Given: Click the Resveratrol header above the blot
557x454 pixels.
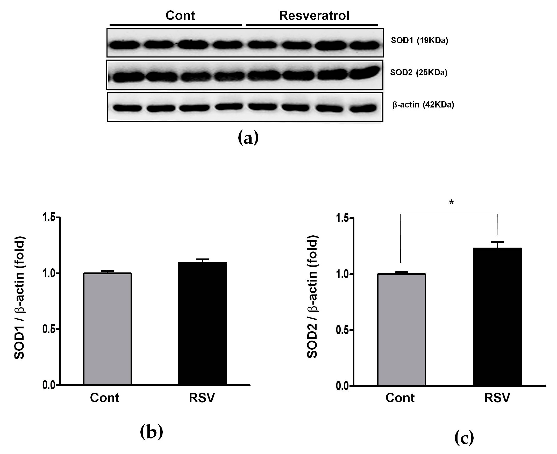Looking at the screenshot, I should pyautogui.click(x=314, y=16).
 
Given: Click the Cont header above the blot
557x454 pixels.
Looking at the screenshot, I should pyautogui.click(x=180, y=16).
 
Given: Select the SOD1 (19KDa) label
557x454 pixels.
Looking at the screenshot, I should pyautogui.click(x=419, y=41).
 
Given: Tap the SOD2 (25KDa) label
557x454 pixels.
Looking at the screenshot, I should pyautogui.click(x=419, y=73).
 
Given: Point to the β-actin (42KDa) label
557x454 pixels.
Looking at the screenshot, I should pyautogui.click(x=423, y=105).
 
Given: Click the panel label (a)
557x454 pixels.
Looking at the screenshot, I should pyautogui.click(x=248, y=138).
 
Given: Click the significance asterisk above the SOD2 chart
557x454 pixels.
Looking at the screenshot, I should pyautogui.click(x=451, y=202).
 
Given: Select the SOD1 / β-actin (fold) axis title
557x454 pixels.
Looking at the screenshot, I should pyautogui.click(x=19, y=298).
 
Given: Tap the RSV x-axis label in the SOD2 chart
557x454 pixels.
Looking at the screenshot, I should pyautogui.click(x=497, y=398).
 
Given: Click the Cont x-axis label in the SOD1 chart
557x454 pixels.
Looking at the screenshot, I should pyautogui.click(x=105, y=398).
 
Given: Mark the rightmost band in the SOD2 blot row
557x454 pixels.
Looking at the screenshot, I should pyautogui.click(x=365, y=72).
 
